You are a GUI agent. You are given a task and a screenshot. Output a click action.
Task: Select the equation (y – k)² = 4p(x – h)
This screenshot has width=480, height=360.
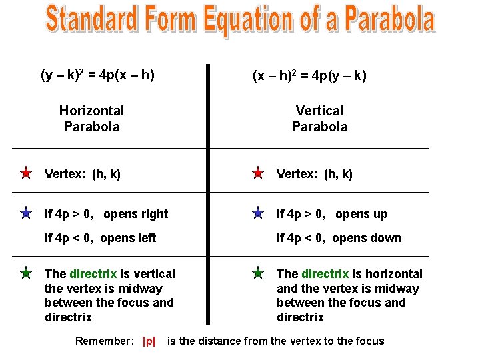[98, 75]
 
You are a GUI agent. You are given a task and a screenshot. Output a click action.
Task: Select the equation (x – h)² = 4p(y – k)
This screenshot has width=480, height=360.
[309, 76]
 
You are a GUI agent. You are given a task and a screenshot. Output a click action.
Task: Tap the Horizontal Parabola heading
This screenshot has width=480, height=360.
[91, 118]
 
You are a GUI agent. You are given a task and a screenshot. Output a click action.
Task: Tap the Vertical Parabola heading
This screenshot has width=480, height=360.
[320, 118]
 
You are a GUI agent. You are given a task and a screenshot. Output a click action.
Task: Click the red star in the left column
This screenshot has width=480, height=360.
[25, 173]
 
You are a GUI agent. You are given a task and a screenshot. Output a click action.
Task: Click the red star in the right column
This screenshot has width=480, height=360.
[258, 173]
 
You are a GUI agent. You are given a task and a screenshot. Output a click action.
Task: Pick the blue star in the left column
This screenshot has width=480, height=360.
[25, 213]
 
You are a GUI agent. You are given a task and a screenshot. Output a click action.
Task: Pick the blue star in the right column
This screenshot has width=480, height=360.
[258, 213]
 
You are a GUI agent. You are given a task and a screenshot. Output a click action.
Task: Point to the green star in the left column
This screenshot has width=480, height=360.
[25, 273]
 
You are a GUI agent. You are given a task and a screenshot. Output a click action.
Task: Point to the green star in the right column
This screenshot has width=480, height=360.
[258, 273]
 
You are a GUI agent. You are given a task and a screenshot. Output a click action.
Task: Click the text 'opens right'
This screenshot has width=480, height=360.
[136, 214]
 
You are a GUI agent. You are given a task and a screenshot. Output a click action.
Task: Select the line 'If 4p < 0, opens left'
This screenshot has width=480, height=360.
[100, 238]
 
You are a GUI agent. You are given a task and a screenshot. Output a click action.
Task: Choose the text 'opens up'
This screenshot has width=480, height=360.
[361, 214]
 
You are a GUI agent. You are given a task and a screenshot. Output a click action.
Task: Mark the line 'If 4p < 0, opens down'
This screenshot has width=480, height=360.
[339, 238]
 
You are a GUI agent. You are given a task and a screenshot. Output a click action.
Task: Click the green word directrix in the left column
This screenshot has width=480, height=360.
[93, 274]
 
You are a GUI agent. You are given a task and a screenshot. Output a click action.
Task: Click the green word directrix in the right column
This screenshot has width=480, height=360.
[325, 274]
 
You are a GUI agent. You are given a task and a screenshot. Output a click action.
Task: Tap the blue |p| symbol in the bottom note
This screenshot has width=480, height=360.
[149, 341]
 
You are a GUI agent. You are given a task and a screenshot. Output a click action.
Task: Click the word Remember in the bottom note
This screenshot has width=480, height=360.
[104, 341]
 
